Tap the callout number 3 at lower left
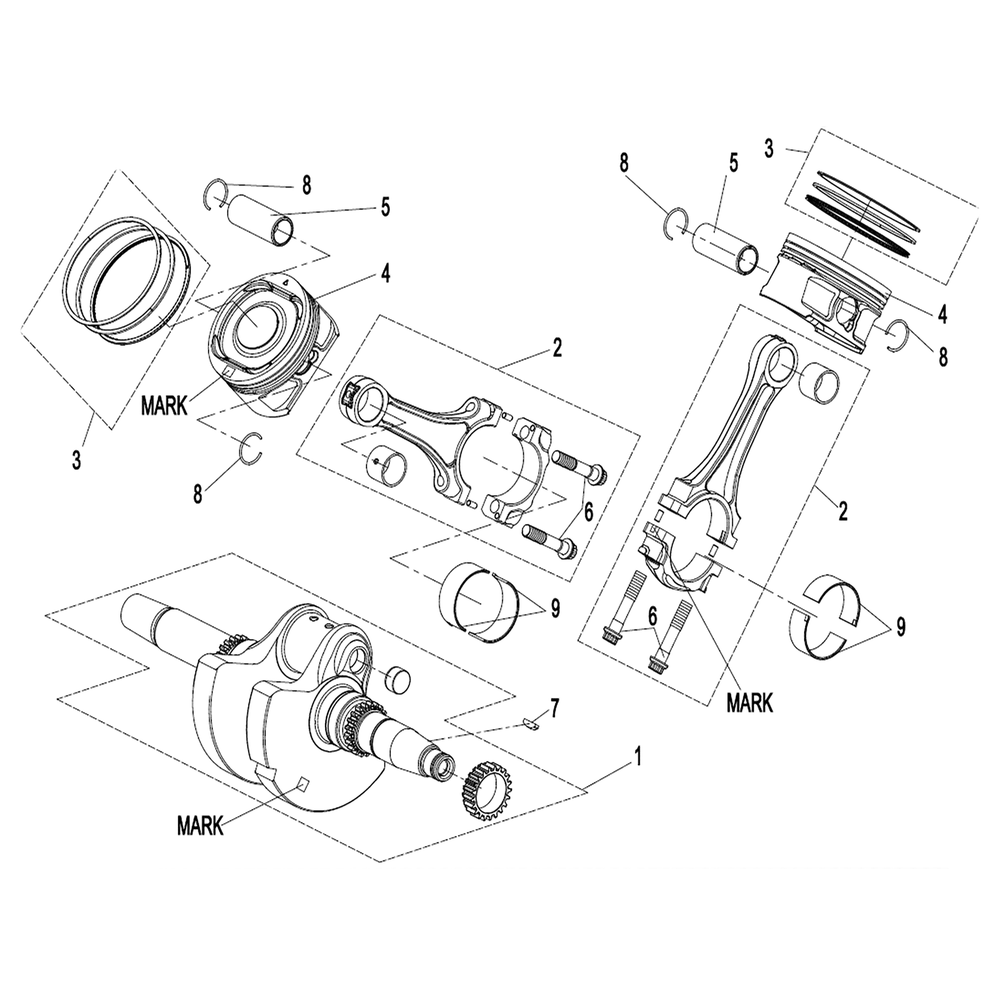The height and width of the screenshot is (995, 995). tap(76, 460)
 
